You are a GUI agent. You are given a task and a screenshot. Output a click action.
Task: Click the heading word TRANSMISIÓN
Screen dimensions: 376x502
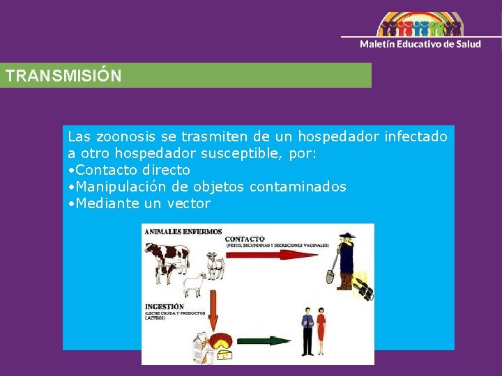pyautogui.click(x=63, y=76)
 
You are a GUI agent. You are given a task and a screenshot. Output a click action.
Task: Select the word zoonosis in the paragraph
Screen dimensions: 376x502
pyautogui.click(x=123, y=137)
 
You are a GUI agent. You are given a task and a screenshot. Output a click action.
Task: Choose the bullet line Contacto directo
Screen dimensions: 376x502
pyautogui.click(x=132, y=170)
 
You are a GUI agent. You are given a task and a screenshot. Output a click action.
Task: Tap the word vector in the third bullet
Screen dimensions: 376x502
pyautogui.click(x=188, y=203)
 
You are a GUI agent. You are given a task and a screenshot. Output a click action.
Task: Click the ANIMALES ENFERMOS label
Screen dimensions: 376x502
pyautogui.click(x=183, y=232)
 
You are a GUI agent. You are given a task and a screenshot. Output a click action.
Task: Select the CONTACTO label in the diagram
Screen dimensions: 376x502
pyautogui.click(x=245, y=238)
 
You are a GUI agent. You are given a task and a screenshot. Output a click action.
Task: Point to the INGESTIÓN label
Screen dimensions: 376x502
pyautogui.click(x=165, y=306)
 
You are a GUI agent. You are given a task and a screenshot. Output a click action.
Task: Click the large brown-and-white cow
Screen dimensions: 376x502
pyautogui.click(x=168, y=259)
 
